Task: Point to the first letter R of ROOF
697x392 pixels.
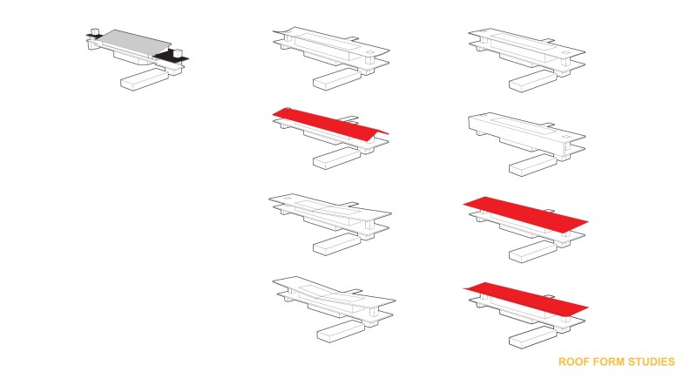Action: (x=562, y=362)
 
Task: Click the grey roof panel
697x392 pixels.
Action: (x=133, y=44)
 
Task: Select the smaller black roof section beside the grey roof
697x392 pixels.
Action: (x=93, y=36)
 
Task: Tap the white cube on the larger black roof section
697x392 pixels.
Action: (x=178, y=53)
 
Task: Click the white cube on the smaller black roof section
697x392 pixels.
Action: (x=94, y=31)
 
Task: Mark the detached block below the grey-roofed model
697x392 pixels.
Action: (x=145, y=79)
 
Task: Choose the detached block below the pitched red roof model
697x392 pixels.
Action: (x=337, y=158)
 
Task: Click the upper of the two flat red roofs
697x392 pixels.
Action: (x=526, y=214)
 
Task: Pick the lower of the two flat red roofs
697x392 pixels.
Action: (x=526, y=299)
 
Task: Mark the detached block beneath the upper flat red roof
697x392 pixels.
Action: (x=533, y=251)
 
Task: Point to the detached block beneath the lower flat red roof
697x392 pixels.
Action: (x=533, y=337)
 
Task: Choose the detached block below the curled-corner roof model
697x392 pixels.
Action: (x=337, y=79)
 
